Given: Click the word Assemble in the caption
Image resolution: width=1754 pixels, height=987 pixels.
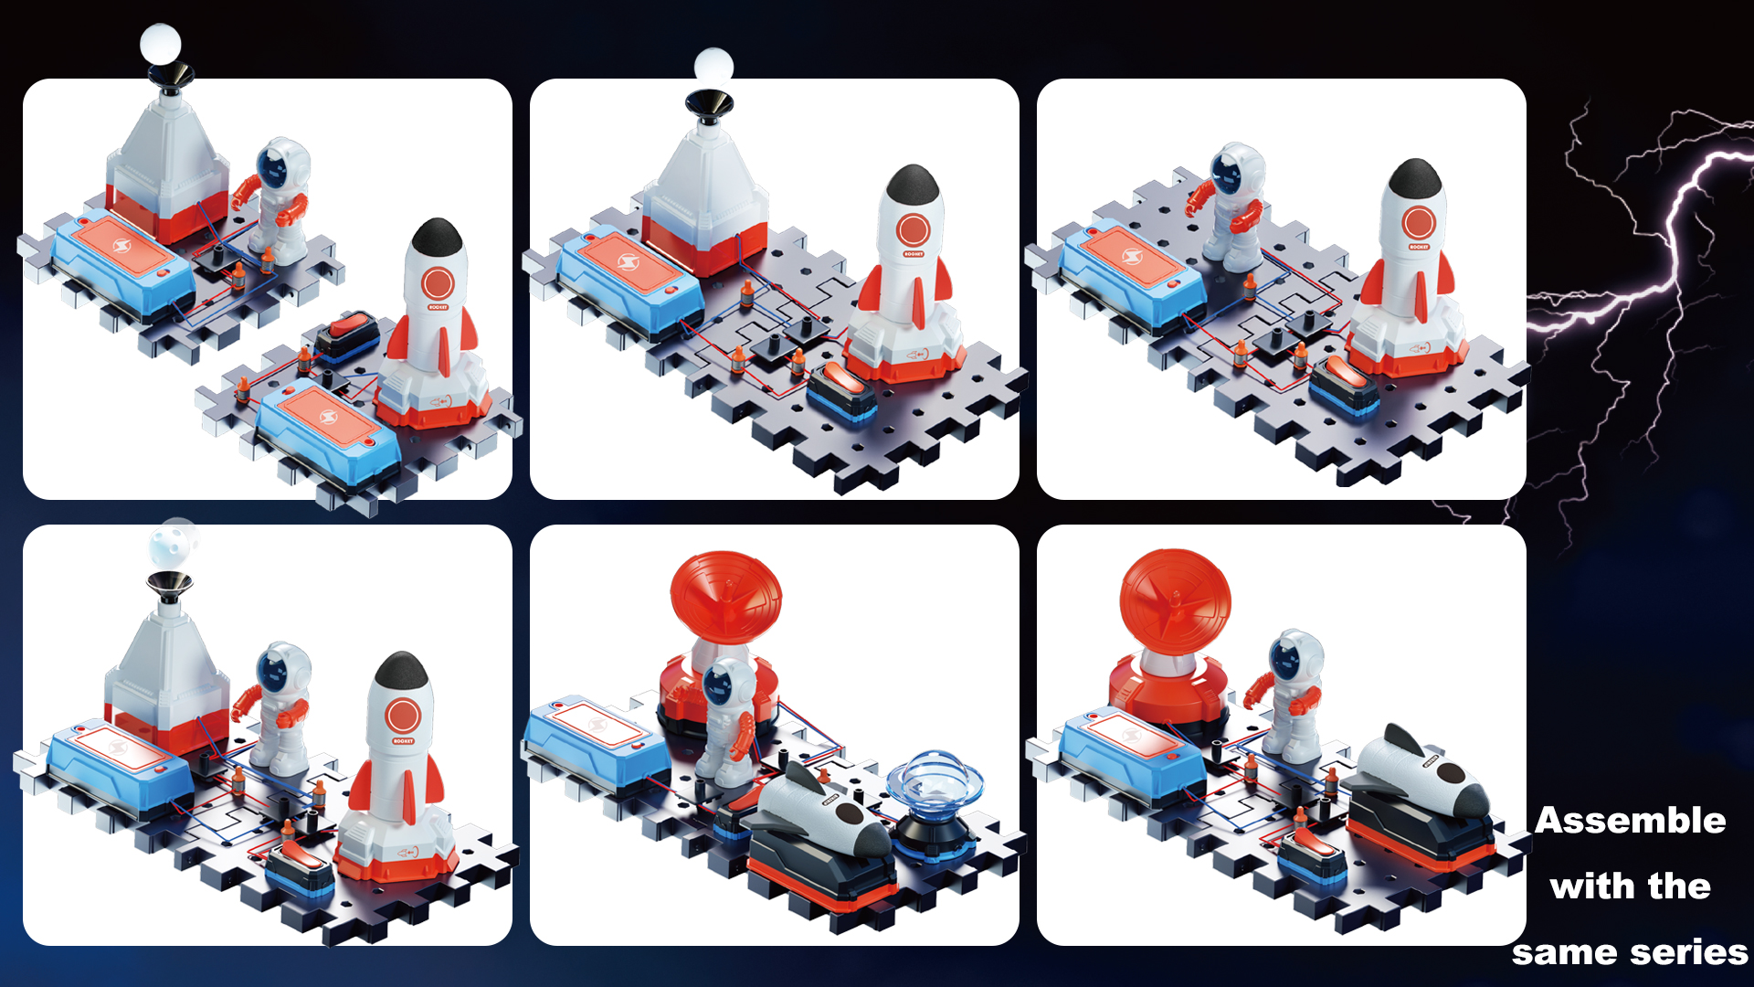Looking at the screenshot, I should point(1630,821).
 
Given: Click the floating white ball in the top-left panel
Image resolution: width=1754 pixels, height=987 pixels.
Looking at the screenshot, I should point(161,43).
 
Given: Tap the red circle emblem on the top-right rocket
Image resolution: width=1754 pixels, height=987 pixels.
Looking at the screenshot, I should point(1418,223).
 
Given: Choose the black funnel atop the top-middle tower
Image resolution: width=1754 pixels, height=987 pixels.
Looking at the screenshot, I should point(708,101).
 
